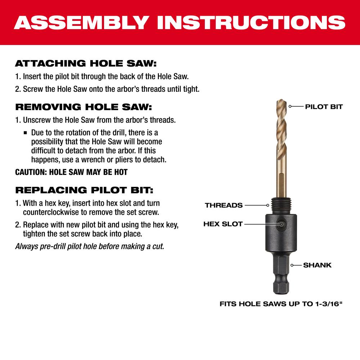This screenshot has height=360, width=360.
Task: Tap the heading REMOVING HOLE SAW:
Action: [x=84, y=107]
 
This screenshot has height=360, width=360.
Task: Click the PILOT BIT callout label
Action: [x=324, y=107]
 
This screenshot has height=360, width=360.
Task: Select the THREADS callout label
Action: [x=224, y=205]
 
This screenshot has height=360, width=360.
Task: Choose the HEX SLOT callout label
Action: [x=223, y=224]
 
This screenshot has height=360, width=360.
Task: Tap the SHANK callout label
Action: [x=317, y=265]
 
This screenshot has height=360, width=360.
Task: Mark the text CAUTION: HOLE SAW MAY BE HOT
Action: [x=71, y=172]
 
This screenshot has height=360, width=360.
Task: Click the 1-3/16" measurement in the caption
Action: [x=328, y=304]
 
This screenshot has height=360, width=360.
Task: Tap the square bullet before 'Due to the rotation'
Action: [x=25, y=133]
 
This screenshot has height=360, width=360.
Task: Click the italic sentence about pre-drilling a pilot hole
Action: [x=90, y=247]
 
